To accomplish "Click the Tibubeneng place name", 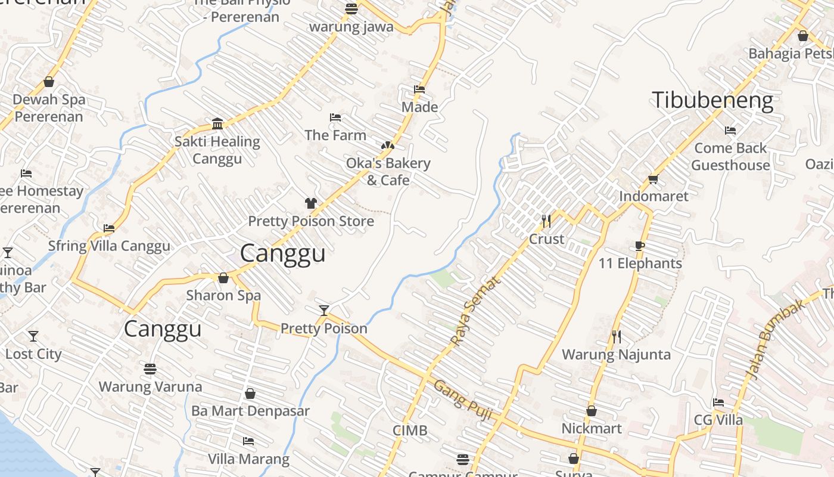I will pos(712,100).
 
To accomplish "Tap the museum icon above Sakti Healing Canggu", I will pos(217,123).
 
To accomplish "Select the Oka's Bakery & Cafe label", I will pos(388,172).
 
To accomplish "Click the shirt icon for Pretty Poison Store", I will pos(310,203).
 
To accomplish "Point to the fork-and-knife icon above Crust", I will pos(546,221).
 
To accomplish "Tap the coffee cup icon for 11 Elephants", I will pos(640,246).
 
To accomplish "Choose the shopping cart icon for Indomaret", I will pos(653,179).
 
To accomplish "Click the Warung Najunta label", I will pos(616,355).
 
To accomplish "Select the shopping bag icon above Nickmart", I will pos(592,411).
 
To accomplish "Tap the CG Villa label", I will pos(718,420).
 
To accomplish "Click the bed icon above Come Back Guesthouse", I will pos(730,131).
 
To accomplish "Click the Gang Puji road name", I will pos(463,400).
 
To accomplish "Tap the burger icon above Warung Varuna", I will pos(150,369).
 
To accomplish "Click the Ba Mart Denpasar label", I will pos(250,411).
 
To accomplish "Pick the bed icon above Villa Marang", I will pos(248,441).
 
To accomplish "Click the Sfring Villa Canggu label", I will pos(109,246).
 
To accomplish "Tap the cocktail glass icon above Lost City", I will pos(33,336).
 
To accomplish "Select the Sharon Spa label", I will pos(223,296).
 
